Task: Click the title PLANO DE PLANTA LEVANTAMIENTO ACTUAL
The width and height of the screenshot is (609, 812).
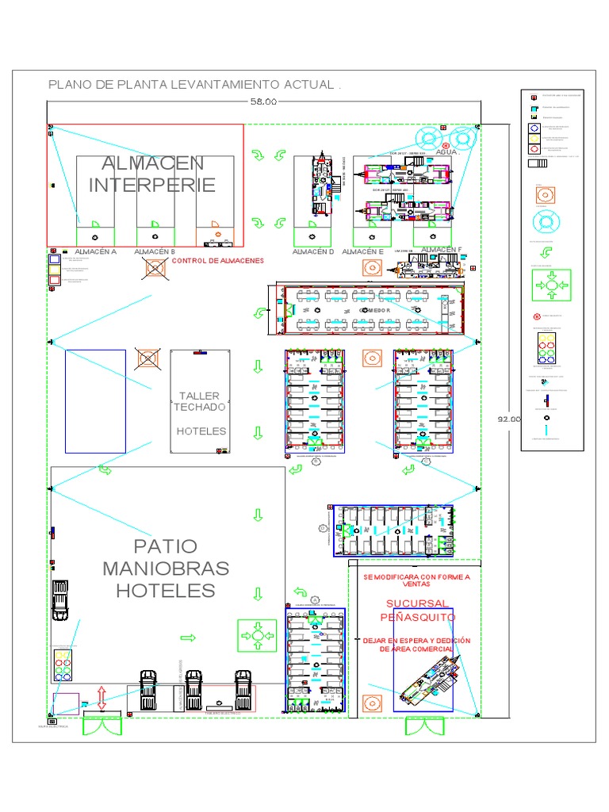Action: (194, 85)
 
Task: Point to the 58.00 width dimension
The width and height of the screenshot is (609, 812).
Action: (264, 101)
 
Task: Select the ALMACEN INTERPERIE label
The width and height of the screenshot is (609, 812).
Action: (152, 174)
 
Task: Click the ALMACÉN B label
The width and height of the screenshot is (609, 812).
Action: (155, 251)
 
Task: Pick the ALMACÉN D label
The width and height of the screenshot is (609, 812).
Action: (313, 251)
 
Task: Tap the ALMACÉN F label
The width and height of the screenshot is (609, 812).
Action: (441, 250)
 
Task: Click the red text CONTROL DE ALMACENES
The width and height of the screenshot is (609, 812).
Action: (217, 261)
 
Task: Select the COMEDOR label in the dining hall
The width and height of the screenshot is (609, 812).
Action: (376, 311)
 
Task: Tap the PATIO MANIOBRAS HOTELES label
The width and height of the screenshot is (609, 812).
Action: (166, 569)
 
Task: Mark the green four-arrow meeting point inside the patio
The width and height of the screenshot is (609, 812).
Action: (257, 635)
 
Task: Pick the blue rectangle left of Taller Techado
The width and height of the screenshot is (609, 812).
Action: (95, 401)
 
